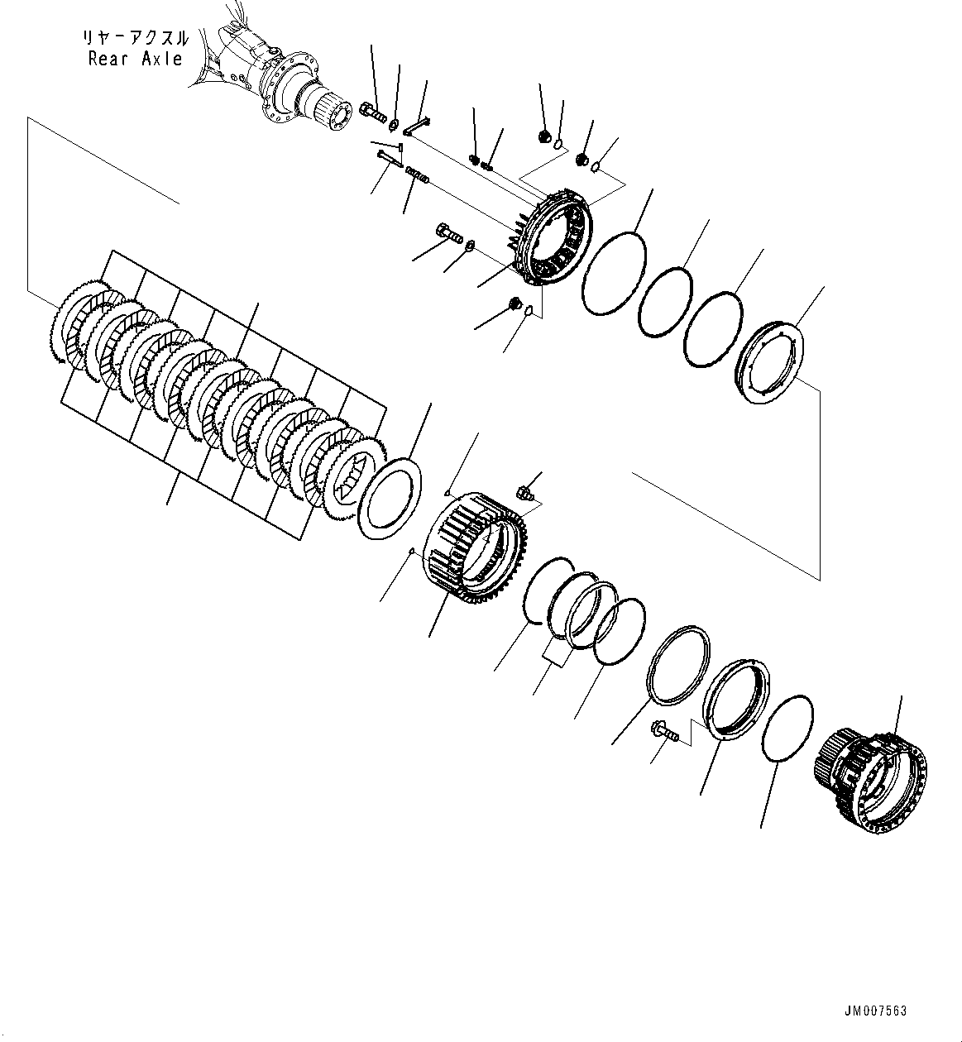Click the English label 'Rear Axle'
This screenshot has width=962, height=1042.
135,59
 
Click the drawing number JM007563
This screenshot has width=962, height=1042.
876,1011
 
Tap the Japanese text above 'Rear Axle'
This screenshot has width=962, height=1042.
135,38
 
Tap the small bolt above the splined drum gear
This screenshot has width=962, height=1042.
524,493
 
